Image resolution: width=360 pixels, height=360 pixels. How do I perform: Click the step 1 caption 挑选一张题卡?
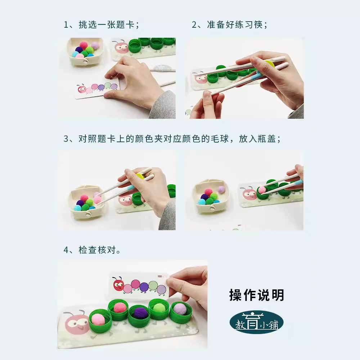pos(107,24)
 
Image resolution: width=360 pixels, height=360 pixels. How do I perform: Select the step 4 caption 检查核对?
pos(97,250)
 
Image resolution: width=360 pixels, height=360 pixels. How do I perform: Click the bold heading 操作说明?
pos(257,295)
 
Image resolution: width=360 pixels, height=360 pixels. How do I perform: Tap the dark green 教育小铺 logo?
pos(257,322)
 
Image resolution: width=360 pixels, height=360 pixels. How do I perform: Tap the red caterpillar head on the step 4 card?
pos(118,284)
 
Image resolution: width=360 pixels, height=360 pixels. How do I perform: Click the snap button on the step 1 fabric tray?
pos(85,61)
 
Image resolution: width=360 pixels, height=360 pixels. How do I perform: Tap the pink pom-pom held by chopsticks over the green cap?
pos(262,190)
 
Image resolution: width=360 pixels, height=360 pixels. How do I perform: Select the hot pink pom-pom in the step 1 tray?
pos(84,45)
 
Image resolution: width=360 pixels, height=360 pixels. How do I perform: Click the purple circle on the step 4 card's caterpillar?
pos(144,286)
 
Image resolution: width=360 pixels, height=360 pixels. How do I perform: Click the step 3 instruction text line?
pos(172,139)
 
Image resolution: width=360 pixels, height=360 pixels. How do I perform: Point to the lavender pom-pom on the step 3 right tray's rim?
pos(221,189)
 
